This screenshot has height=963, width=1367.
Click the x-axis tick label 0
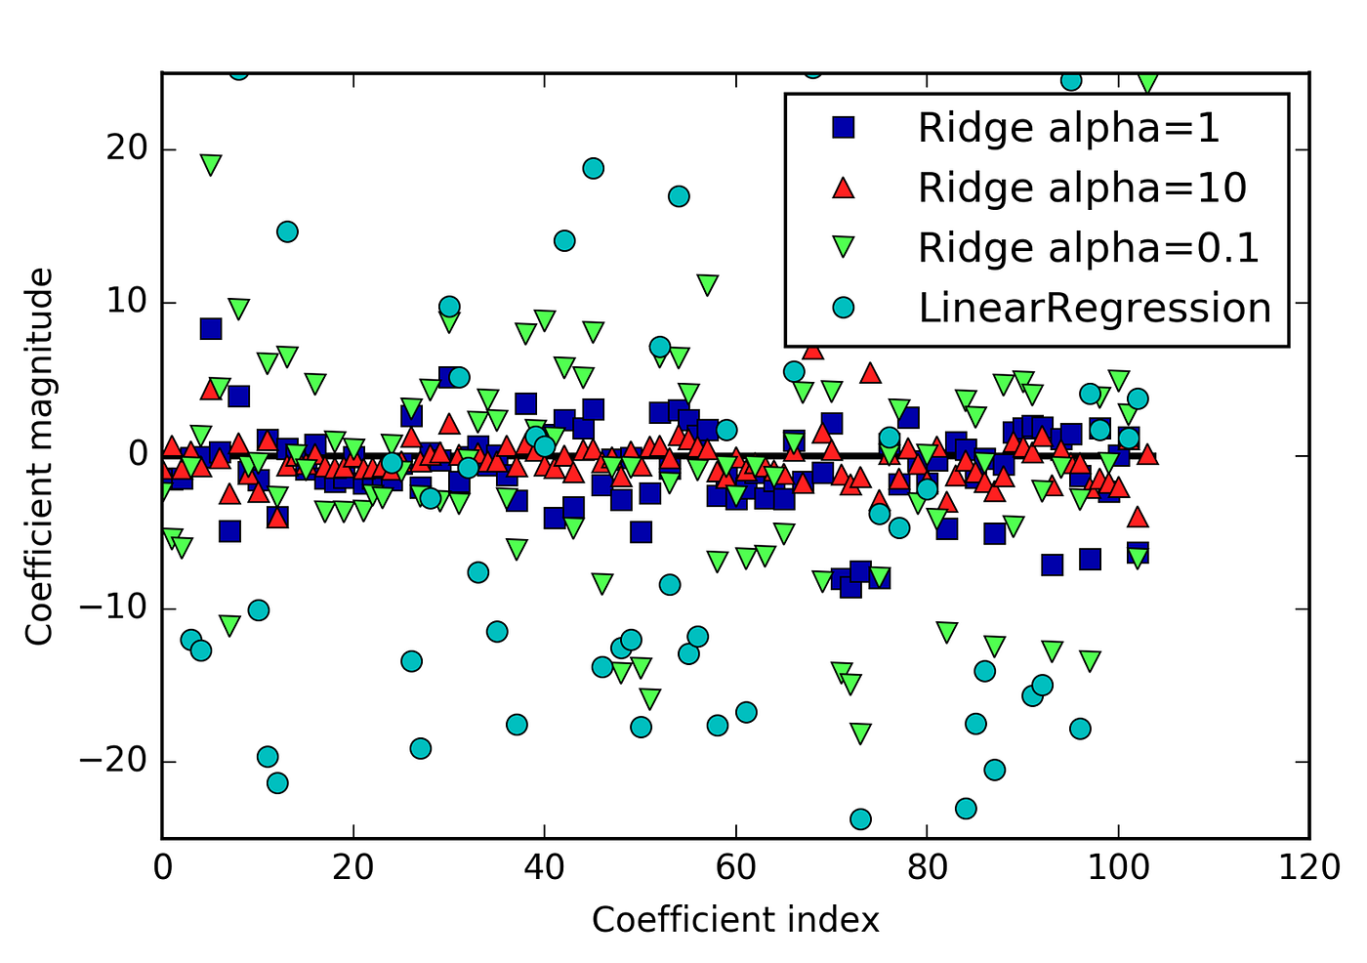click(162, 867)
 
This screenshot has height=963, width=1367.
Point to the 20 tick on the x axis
click(352, 867)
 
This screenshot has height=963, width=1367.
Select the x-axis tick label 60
click(735, 867)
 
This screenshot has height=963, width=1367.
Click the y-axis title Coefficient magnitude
click(39, 457)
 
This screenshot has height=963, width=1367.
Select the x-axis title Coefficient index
click(735, 920)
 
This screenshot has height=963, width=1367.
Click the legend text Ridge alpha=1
click(1068, 128)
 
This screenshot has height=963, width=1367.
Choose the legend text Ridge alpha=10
click(1082, 188)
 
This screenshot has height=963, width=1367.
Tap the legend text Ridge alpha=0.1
click(1088, 248)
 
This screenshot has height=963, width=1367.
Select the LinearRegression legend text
click(1094, 308)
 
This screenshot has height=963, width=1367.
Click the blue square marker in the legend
click(843, 128)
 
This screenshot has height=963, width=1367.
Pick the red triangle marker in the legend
click(843, 188)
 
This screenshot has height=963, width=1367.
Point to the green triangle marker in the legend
click(843, 249)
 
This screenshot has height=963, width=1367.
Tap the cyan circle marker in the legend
click(843, 308)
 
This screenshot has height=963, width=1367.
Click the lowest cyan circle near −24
click(860, 818)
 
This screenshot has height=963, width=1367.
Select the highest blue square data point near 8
click(210, 328)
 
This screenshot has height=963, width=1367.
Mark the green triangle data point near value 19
click(210, 164)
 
